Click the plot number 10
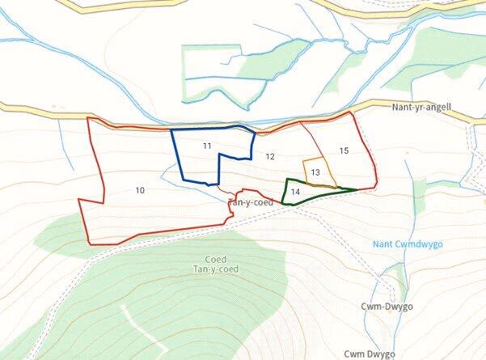[x=140, y=190]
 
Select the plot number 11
[x=207, y=146]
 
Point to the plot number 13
[x=315, y=172]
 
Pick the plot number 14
[x=295, y=192]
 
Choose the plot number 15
[x=344, y=150]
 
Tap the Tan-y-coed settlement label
[x=251, y=202]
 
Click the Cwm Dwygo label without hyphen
[x=370, y=354]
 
